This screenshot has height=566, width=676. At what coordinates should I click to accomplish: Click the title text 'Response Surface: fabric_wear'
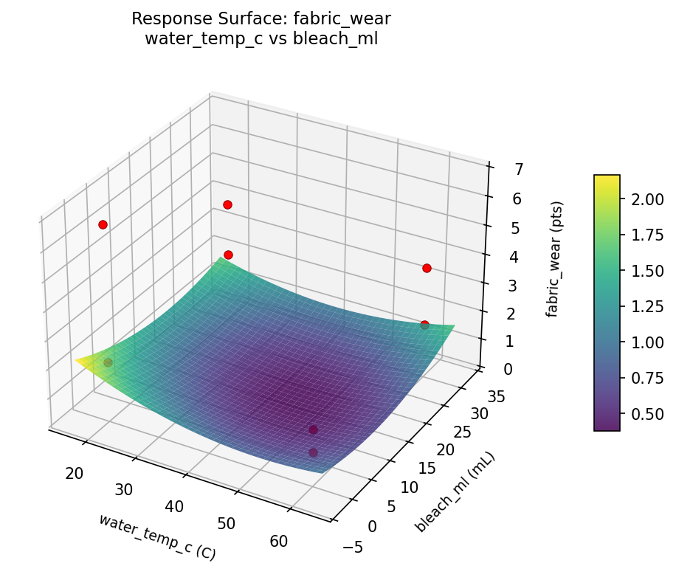pos(261,18)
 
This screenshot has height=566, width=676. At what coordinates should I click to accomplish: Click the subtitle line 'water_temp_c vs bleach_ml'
pos(261,39)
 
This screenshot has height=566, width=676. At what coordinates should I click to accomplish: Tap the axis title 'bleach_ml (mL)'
pos(455,492)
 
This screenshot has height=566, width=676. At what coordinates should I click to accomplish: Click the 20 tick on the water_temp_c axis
pos(74,473)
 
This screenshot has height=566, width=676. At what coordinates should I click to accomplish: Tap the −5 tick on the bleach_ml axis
pos(353,547)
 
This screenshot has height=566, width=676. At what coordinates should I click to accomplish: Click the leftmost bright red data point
pos(103,224)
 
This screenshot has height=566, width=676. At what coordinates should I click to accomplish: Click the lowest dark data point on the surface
pos(313,452)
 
